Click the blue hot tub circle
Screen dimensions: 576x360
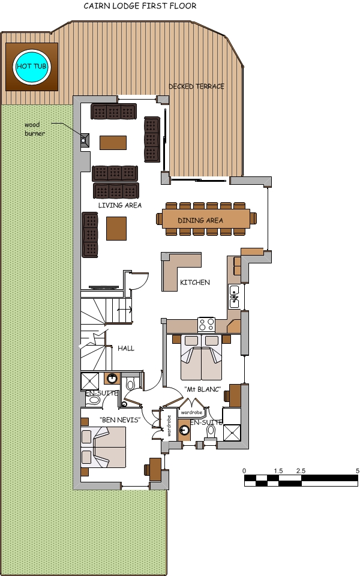point(32,66)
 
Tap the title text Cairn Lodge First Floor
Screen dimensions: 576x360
point(140,7)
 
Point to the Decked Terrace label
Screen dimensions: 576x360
point(196,86)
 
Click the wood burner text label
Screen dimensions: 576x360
point(34,128)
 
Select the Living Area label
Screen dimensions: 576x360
point(120,205)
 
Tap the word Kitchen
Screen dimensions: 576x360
point(195,282)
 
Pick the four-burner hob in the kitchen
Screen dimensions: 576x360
point(206,325)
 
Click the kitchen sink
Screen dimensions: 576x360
point(234,297)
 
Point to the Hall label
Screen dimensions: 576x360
point(126,348)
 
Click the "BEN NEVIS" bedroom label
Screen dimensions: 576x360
point(119,419)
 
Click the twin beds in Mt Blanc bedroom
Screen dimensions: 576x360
point(201,358)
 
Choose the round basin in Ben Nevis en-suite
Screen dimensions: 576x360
point(112,378)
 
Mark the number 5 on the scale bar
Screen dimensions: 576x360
point(357,471)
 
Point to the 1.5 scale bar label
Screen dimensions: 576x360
point(278,471)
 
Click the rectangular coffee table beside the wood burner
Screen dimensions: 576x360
point(113,142)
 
